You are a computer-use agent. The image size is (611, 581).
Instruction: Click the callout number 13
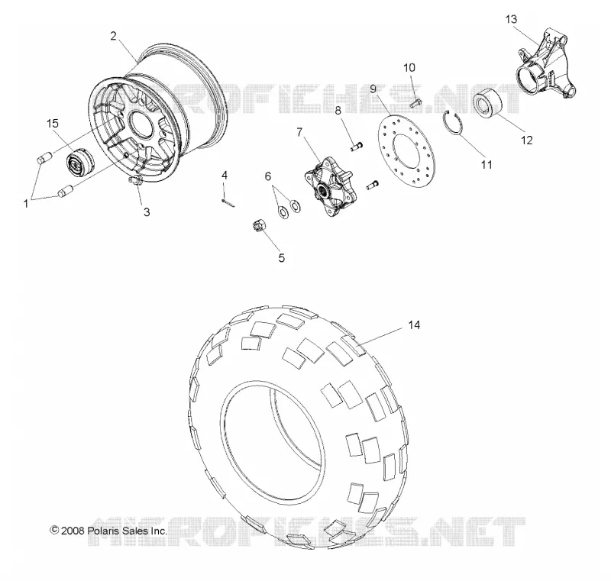pos(511,19)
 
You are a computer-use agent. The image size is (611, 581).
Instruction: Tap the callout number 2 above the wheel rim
pos(113,36)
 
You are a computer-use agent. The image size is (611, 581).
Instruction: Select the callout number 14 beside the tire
pos(414,324)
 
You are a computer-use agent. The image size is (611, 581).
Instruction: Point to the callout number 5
pos(281,258)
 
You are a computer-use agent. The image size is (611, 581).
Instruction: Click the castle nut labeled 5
pos(258,225)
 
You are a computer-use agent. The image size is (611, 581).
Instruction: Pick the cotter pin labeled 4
pos(227,202)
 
